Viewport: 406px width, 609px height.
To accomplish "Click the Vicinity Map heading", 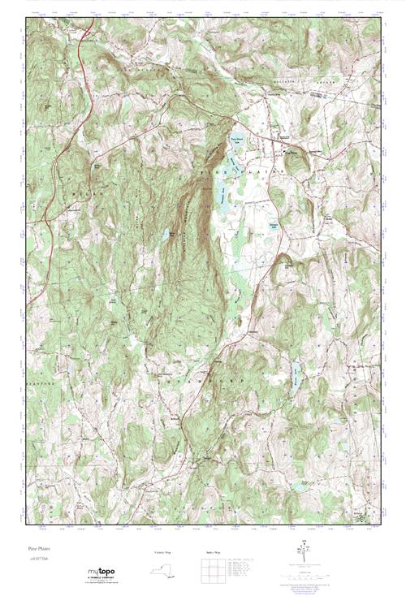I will tap(163, 552).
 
